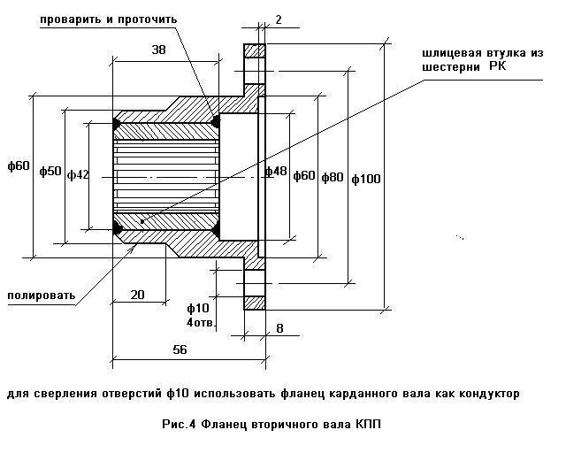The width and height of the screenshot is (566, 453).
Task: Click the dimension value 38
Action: click(158, 50)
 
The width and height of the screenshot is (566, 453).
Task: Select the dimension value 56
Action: click(180, 350)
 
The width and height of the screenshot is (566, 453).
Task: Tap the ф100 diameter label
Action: click(365, 179)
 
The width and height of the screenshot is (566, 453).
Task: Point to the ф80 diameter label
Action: click(332, 177)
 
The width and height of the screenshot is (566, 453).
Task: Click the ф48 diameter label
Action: click(277, 171)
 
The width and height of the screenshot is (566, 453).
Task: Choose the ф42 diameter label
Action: click(78, 175)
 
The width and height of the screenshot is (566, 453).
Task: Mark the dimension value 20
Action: click(137, 295)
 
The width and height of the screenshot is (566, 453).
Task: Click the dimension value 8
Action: click(279, 328)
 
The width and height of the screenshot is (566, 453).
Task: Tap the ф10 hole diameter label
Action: click(198, 308)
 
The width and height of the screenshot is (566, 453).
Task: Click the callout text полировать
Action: click(41, 295)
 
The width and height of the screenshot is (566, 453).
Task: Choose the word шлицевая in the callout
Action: click(451, 53)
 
